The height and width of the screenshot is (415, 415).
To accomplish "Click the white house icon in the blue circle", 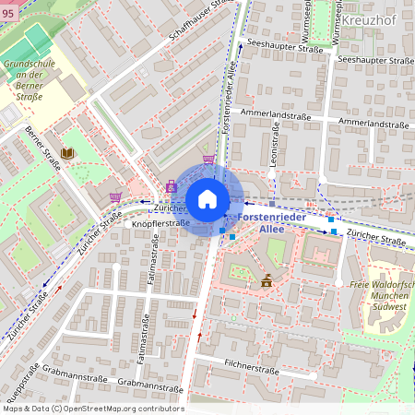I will click(x=207, y=199).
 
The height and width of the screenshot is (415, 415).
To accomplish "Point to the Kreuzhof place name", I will click(x=369, y=19).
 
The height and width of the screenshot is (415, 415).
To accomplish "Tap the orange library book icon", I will click(x=66, y=152).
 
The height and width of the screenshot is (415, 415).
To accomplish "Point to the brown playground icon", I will click(x=267, y=280).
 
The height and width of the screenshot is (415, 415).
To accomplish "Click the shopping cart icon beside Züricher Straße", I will click(x=115, y=196).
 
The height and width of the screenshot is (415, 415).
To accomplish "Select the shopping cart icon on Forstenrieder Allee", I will click(x=209, y=160).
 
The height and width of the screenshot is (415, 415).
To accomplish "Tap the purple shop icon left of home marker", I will click(x=171, y=187).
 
